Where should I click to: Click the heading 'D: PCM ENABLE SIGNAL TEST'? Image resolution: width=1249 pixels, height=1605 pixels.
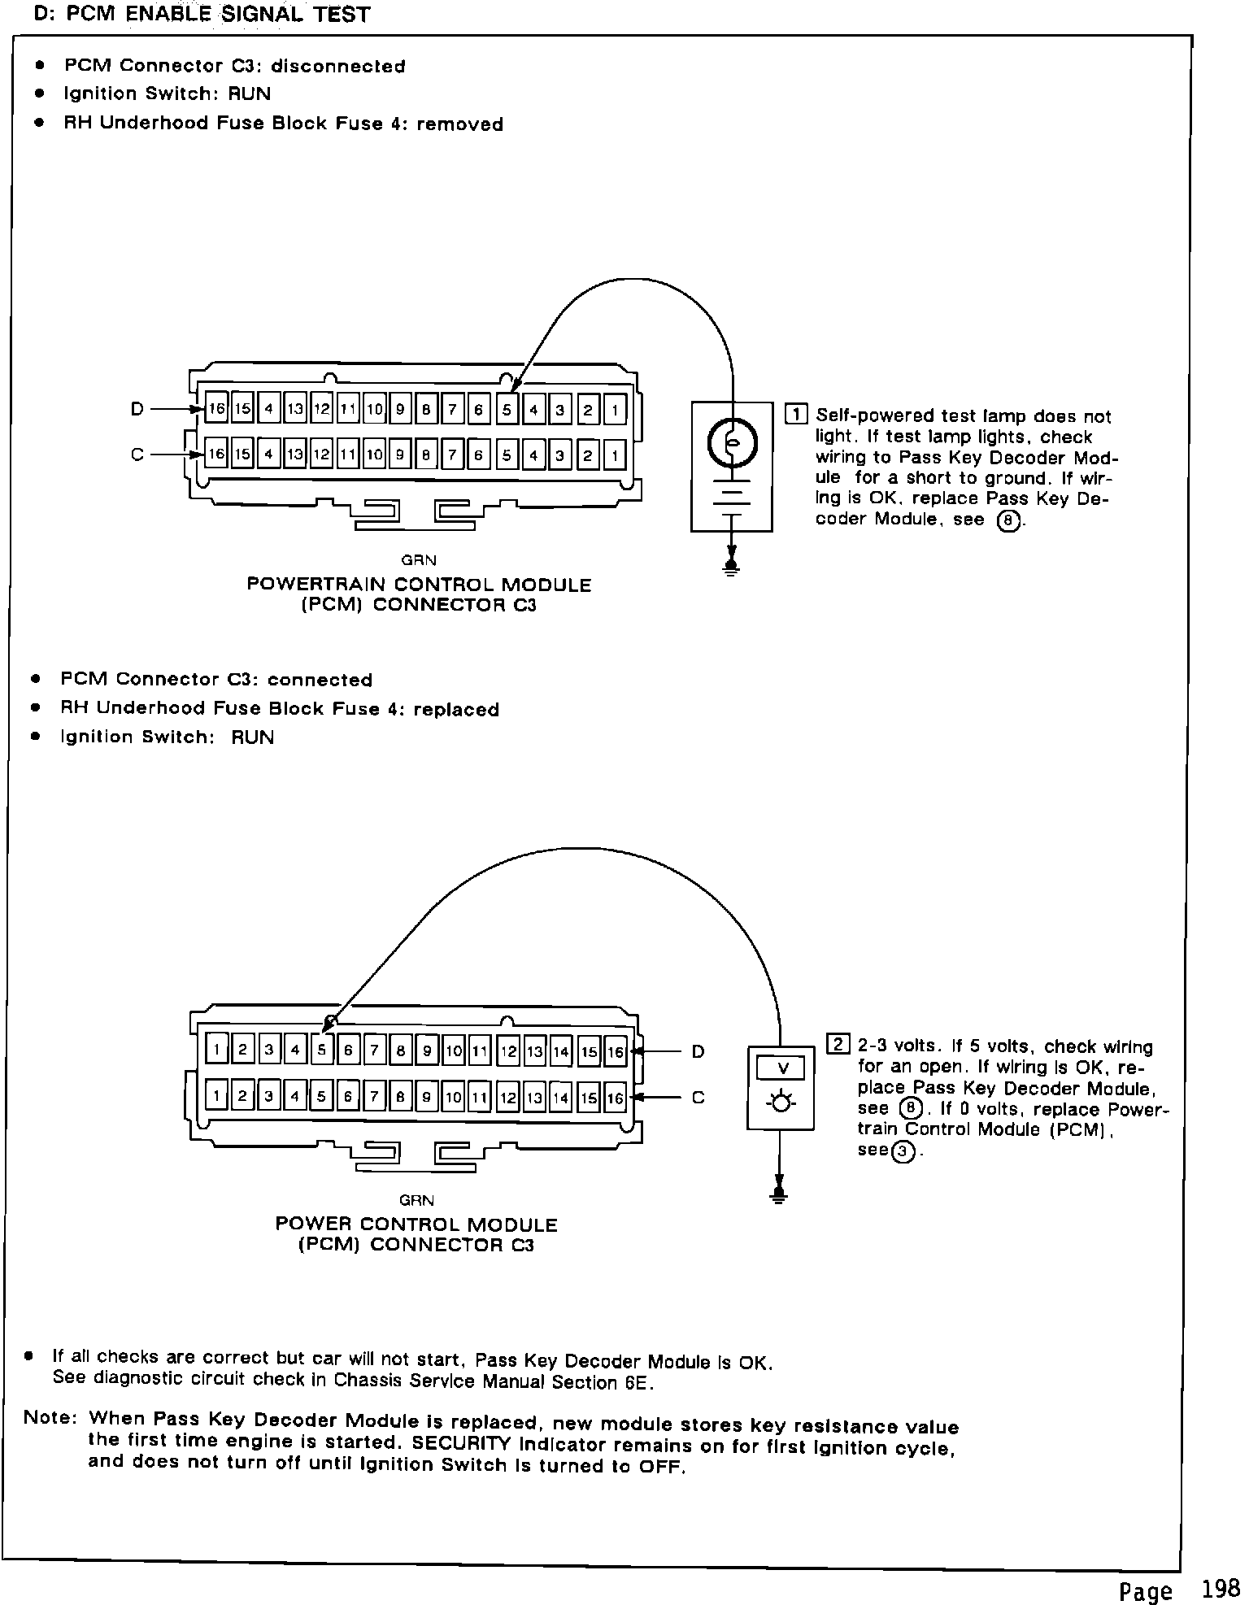(x=202, y=15)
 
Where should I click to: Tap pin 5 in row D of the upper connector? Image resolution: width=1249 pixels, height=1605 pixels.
(x=506, y=410)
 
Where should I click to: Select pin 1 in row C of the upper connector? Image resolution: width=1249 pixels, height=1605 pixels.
(x=614, y=455)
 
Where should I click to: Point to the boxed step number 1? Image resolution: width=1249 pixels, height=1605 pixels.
(x=795, y=414)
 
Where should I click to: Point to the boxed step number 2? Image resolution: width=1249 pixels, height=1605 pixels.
(x=838, y=1044)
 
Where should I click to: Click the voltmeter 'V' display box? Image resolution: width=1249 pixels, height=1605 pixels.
(x=781, y=1068)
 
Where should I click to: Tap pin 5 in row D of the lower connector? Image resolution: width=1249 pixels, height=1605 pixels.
(x=321, y=1050)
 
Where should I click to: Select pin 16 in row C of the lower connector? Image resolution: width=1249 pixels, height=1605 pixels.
(x=616, y=1098)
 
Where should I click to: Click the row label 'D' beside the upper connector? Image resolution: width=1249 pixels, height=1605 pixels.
(x=137, y=409)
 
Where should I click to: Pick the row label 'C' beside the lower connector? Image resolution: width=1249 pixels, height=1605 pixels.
(x=698, y=1098)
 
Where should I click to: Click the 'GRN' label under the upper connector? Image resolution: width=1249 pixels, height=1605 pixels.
(x=419, y=560)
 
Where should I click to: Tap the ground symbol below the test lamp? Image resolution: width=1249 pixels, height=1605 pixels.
(x=731, y=568)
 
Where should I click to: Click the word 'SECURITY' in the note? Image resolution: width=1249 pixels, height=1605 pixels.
(x=461, y=1443)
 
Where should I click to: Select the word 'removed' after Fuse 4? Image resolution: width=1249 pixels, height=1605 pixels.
(x=459, y=124)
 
